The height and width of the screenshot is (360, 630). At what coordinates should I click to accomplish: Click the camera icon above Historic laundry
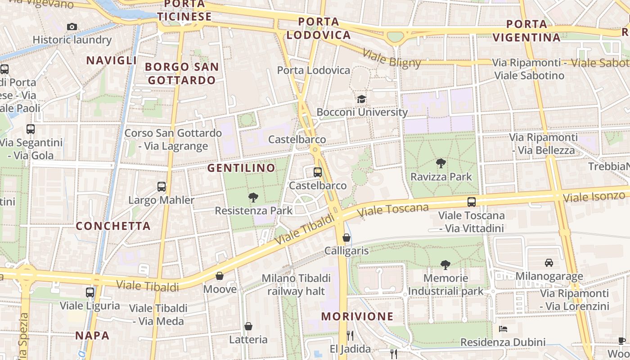pyautogui.click(x=72, y=27)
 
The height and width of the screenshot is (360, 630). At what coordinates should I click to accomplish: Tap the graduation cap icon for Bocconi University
pyautogui.click(x=361, y=99)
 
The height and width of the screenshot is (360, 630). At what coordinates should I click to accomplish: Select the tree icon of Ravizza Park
pyautogui.click(x=441, y=163)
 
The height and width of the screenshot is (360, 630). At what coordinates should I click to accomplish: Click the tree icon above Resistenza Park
pyautogui.click(x=253, y=197)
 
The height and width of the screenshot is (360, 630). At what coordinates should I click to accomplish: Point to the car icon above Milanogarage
pyautogui.click(x=549, y=263)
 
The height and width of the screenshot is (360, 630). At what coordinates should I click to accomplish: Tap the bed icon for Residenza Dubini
pyautogui.click(x=503, y=329)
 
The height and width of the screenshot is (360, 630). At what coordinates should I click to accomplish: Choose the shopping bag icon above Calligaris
pyautogui.click(x=346, y=238)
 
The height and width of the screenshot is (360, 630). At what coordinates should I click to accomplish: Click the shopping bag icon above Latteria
pyautogui.click(x=248, y=326)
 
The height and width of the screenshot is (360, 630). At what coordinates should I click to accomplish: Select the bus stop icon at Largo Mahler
pyautogui.click(x=162, y=187)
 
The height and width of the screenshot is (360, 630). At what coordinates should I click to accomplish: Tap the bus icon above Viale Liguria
pyautogui.click(x=90, y=292)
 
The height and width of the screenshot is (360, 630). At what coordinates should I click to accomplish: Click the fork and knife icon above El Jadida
pyautogui.click(x=350, y=336)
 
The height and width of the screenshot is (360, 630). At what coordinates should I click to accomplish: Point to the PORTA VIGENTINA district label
pyautogui.click(x=526, y=31)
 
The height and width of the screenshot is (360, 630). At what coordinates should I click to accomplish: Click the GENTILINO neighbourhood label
pyautogui.click(x=241, y=168)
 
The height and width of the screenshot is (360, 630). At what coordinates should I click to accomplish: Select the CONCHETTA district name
pyautogui.click(x=113, y=226)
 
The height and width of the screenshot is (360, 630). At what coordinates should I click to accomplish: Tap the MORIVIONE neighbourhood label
pyautogui.click(x=357, y=316)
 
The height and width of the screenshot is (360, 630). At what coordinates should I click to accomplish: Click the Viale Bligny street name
pyautogui.click(x=391, y=58)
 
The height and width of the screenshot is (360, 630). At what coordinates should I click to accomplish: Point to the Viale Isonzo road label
pyautogui.click(x=594, y=197)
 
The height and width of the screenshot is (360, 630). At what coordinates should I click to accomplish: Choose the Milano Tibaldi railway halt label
pyautogui.click(x=296, y=285)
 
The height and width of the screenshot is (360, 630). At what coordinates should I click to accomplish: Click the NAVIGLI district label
pyautogui.click(x=111, y=60)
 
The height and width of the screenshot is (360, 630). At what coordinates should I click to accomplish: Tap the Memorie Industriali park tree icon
pyautogui.click(x=445, y=265)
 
